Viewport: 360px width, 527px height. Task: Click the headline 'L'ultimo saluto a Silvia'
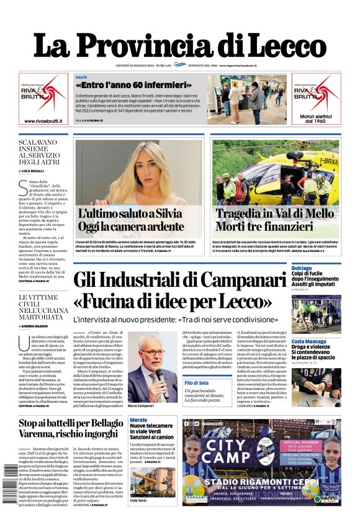[x=130, y=214]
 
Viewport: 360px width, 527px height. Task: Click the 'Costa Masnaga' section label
[x=309, y=341]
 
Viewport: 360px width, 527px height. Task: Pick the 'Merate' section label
[x=138, y=420]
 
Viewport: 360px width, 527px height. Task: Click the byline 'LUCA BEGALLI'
[x=38, y=170]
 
